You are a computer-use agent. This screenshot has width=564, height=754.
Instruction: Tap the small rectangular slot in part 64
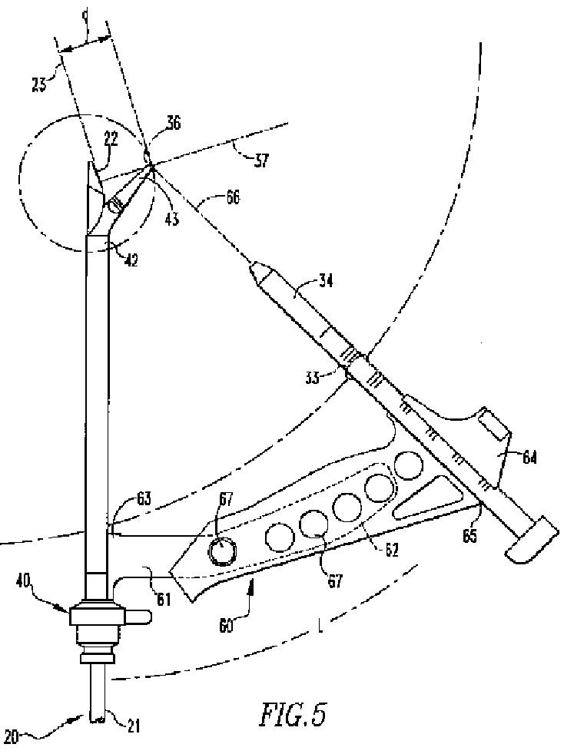pos(492,424)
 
